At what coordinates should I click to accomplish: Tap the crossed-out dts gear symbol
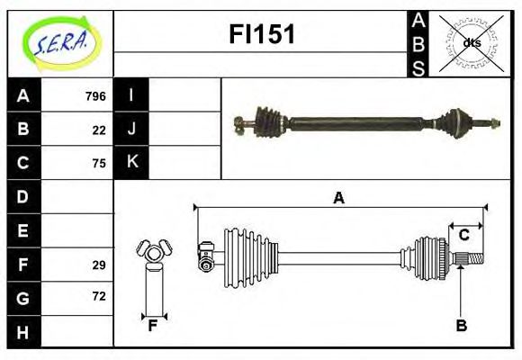coord(471,42)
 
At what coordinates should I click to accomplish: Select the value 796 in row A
coord(95,96)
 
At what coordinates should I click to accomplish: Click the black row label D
coord(23,196)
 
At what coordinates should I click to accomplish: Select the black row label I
coord(131,95)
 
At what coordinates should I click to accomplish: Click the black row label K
coord(131,163)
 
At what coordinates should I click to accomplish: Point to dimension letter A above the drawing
coord(338,198)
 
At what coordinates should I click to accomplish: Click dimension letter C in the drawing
coord(463,235)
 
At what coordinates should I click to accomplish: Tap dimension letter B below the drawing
coord(461,326)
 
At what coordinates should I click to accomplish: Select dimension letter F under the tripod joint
coord(154,326)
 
